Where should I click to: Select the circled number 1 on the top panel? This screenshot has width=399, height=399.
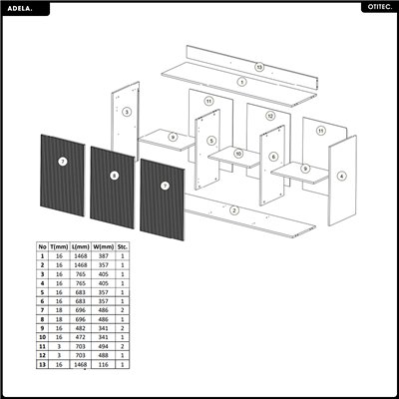[241, 81]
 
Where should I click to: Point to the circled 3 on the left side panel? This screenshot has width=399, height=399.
[127, 113]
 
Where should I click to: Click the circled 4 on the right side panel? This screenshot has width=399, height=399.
[342, 177]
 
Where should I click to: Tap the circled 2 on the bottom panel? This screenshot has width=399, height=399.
[233, 210]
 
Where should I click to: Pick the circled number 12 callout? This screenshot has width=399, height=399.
[270, 116]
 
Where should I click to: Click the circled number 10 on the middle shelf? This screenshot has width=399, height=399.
[239, 153]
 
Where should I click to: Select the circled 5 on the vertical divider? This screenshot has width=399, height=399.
[211, 141]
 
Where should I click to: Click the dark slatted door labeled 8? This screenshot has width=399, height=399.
[114, 177]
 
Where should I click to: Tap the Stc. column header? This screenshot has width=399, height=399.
[124, 244]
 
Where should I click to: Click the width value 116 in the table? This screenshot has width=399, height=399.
[104, 365]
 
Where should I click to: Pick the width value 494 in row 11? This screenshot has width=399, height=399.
[104, 345]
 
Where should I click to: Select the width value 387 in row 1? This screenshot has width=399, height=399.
[104, 255]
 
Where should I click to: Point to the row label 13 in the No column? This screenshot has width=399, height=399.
[42, 365]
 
